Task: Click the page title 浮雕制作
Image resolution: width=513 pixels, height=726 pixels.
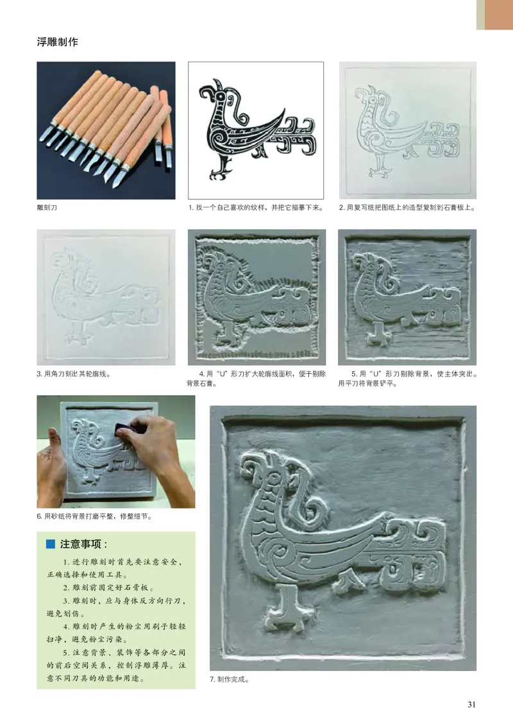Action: point(57,42)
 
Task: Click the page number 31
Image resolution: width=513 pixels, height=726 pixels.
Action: point(471,705)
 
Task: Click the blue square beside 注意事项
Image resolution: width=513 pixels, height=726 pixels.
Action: point(51,544)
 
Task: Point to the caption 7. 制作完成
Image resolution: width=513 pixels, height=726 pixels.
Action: point(229,680)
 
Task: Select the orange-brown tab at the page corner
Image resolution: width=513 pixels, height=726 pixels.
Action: point(498,14)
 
